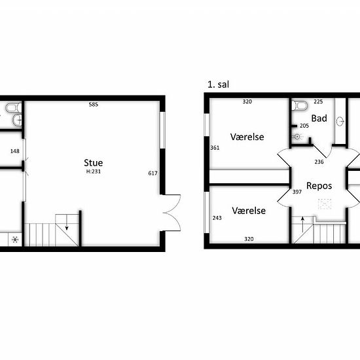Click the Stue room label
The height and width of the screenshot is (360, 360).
[x=94, y=162]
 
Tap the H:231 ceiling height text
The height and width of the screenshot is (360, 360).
[x=94, y=171]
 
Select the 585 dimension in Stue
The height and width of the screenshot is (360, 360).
[x=94, y=105]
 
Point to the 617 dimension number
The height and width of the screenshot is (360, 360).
[x=153, y=173]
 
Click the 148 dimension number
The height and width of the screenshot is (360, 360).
[x=15, y=151]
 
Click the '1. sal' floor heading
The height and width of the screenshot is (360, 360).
[x=219, y=84]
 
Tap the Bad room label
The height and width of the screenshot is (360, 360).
[x=319, y=118]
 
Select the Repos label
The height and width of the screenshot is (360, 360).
[x=319, y=186]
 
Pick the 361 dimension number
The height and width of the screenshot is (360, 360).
[x=215, y=148]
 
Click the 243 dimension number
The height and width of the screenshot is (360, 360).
[x=217, y=218]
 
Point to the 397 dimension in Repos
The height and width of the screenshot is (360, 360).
[x=297, y=192]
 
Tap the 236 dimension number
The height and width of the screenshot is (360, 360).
[x=319, y=162]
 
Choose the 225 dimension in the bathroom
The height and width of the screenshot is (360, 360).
[x=318, y=101]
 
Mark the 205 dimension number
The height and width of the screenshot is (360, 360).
[x=304, y=126]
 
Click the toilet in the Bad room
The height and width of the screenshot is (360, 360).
[x=299, y=105]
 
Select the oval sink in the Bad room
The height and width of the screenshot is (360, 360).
[x=340, y=121]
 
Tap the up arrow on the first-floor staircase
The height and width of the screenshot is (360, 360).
[x=302, y=225]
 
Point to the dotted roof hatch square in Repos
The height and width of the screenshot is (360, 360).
[x=325, y=204]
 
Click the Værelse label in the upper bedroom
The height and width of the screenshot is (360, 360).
[x=247, y=137]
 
